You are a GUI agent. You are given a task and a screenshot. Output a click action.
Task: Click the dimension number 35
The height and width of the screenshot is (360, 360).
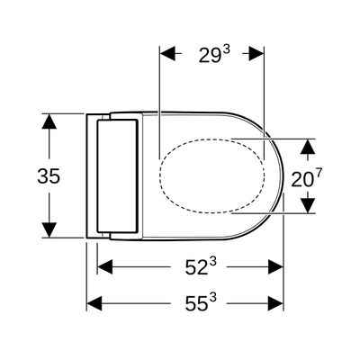49,176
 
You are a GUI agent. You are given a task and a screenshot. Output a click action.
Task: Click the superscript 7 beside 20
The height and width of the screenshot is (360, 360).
319,174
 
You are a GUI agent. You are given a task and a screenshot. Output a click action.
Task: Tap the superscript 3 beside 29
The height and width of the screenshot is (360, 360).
227,49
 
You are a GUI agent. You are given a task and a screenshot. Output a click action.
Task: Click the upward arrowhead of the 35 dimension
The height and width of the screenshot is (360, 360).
49,121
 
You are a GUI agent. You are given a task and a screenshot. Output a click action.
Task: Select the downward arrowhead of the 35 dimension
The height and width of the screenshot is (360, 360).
49,229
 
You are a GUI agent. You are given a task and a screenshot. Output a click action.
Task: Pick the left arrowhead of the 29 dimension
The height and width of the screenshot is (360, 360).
167,54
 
